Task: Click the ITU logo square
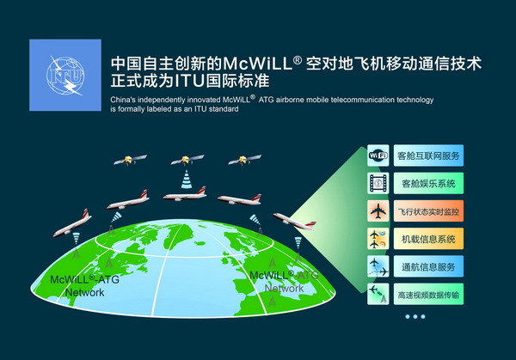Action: [x=65, y=75]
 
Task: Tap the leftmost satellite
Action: [x=130, y=160]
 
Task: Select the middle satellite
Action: [x=187, y=160]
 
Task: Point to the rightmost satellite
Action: [x=244, y=160]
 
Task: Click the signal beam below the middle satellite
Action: [x=187, y=180]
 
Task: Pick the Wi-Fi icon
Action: [x=378, y=156]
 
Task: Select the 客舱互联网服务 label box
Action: [x=428, y=156]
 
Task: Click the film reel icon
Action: [x=378, y=183]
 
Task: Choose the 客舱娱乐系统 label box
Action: [x=428, y=183]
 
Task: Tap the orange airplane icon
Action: [x=378, y=211]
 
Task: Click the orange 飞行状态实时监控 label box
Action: [x=428, y=211]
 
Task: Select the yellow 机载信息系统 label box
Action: [x=428, y=239]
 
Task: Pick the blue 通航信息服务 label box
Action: [x=428, y=266]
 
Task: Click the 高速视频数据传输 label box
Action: [x=428, y=294]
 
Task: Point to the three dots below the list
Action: [x=415, y=316]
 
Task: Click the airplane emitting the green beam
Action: [x=294, y=222]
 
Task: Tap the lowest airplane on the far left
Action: [x=72, y=223]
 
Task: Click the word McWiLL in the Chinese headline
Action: [x=258, y=64]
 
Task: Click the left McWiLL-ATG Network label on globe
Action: [x=84, y=286]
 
